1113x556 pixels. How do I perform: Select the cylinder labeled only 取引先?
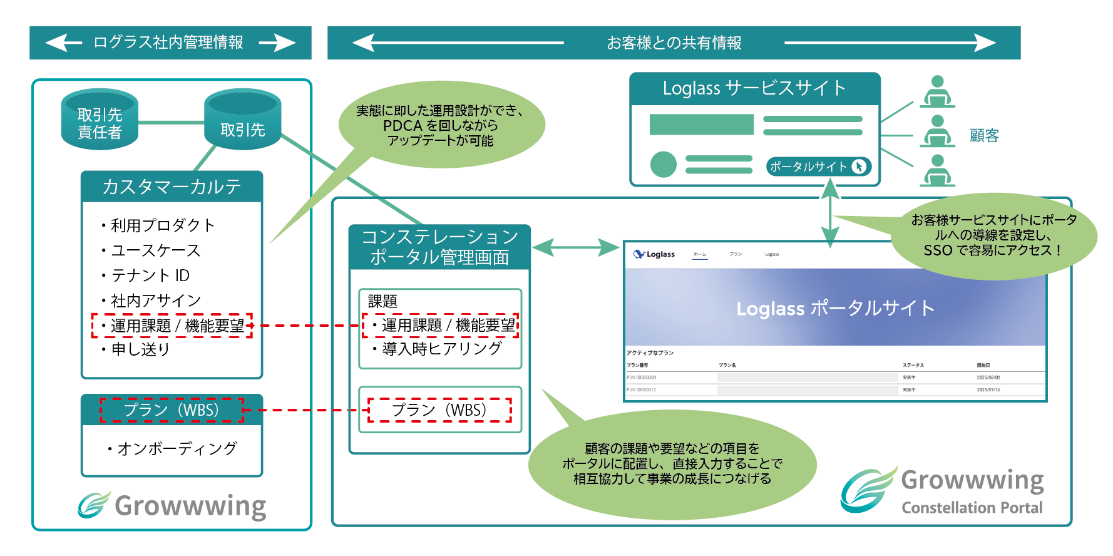[x=242, y=121]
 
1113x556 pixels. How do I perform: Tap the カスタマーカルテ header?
[x=172, y=187]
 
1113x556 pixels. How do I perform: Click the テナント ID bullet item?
[x=150, y=275]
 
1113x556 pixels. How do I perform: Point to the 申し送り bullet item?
[x=140, y=349]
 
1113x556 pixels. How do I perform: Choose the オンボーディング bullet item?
[x=177, y=448]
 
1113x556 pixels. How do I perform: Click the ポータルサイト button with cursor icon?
[x=818, y=167]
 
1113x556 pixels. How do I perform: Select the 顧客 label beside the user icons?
[x=984, y=136]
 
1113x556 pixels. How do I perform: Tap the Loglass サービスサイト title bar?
[x=754, y=88]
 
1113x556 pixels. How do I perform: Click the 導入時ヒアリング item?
[x=442, y=349]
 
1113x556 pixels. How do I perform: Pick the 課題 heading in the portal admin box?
[x=382, y=301]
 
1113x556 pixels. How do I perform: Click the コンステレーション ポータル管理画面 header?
[x=439, y=247]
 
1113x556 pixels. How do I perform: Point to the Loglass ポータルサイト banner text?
[x=835, y=308]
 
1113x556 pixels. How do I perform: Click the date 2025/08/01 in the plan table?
[x=988, y=378]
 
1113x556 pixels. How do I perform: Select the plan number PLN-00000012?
[x=641, y=389]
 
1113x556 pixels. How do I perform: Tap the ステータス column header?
[x=913, y=365]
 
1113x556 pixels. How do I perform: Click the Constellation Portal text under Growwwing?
[x=972, y=507]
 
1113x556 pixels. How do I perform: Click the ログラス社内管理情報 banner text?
[x=168, y=43]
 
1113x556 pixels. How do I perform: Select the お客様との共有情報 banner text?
[x=674, y=43]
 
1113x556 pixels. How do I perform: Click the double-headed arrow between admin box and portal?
[x=575, y=247]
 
